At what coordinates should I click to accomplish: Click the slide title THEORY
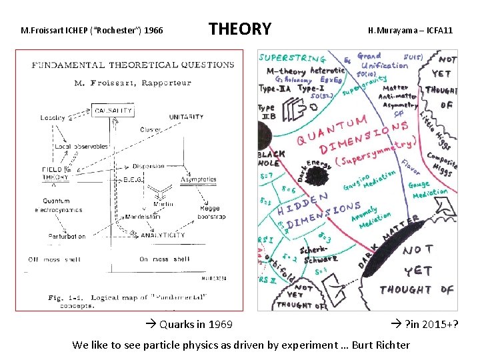tap(240, 29)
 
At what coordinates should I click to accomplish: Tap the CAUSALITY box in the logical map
tap(113, 111)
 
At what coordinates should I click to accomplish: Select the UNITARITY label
tap(186, 117)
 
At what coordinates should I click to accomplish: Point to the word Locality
tap(53, 117)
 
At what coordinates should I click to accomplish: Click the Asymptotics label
tap(199, 179)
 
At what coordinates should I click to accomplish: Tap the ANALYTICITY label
tap(163, 235)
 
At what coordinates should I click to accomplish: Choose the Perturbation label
tap(67, 237)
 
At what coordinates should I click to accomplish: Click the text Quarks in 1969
tap(189, 325)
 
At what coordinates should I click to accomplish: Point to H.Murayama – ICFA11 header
tap(410, 31)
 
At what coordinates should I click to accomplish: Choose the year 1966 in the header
tap(151, 31)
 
